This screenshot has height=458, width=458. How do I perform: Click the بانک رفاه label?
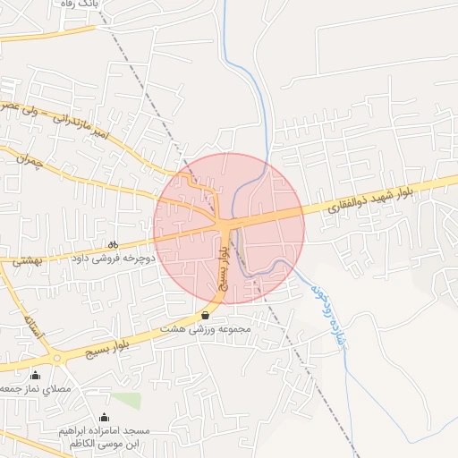pos(77,4)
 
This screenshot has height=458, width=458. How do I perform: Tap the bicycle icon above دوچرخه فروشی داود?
pos(113,243)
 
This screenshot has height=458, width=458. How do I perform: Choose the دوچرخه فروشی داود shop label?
pos(114,258)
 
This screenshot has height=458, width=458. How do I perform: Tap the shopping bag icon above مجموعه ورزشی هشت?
pos(206,315)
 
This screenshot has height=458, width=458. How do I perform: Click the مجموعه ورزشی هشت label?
pos(206,329)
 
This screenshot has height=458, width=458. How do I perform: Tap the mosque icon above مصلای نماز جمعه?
pos(35,375)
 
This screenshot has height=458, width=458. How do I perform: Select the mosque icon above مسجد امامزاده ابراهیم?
pos(104,416)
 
